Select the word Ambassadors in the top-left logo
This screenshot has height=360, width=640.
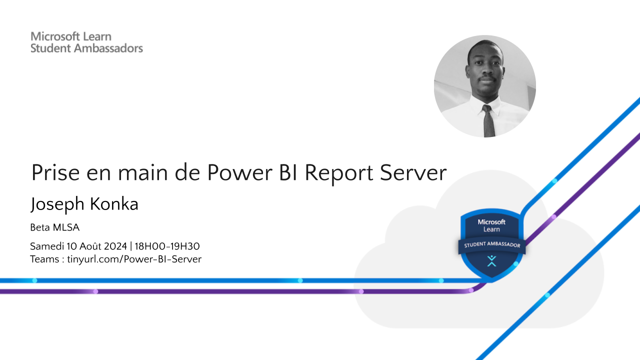pos(108,48)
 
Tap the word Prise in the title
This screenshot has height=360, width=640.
pos(55,172)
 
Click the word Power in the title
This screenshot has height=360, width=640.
pos(239,172)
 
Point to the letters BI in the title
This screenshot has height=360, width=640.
pos(289,172)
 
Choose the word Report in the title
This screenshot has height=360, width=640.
pos(339,174)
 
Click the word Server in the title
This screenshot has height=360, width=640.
pos(413,172)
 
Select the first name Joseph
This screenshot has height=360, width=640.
pos(57,204)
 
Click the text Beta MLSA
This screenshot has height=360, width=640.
pos(55,227)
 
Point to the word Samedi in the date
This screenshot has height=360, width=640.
pos(47,246)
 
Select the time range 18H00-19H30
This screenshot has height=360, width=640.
pos(167,246)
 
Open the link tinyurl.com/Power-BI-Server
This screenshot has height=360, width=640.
pos(134,259)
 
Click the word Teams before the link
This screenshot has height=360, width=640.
pos(44,259)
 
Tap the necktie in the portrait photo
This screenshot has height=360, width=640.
pos(488,121)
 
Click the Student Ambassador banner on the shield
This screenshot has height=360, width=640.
pos(491,245)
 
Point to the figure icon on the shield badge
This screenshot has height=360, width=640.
pos(491,261)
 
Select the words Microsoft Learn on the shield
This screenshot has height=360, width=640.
pos(491,225)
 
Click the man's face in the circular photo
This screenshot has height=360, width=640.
pos(485,71)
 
